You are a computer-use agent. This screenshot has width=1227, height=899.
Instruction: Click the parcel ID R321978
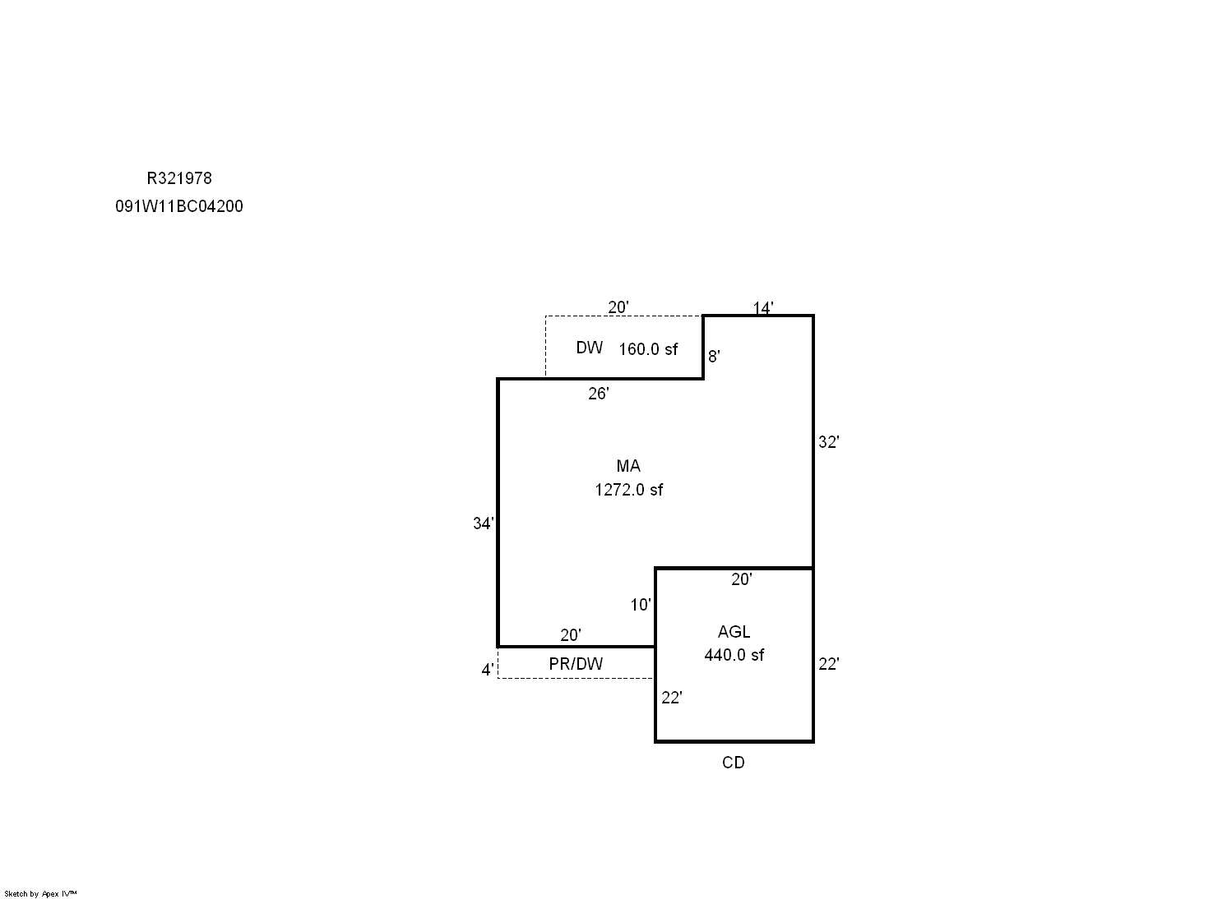coord(179,178)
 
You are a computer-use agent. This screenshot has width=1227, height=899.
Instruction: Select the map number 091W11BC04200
coord(179,206)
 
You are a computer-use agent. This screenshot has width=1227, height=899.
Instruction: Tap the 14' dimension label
coord(763,308)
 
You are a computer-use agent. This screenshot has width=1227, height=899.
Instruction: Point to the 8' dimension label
coord(714,357)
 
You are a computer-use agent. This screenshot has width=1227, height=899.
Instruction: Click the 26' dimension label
coord(599,394)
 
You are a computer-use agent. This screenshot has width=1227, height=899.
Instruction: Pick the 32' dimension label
coord(829,442)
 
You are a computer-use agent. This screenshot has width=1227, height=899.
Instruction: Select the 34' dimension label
coord(484,523)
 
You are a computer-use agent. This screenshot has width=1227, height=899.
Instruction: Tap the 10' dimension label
coord(641,605)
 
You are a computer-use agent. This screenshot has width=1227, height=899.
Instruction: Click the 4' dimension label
coord(488,670)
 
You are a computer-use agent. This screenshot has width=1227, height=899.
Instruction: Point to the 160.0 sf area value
coord(648,349)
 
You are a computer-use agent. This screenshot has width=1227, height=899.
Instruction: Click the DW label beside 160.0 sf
coord(590,348)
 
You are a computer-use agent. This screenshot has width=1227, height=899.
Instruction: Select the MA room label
coord(628,466)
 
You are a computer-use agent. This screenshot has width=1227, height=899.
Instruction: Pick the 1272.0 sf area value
coord(629,490)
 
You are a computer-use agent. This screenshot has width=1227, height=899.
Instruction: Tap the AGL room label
coord(734,632)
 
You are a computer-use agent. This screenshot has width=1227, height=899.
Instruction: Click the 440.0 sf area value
coord(734,655)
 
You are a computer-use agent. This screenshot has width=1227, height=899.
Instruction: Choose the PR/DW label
coord(576,664)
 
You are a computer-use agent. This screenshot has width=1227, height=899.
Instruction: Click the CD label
coord(734,763)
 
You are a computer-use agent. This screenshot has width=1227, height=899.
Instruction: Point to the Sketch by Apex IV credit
coord(40,894)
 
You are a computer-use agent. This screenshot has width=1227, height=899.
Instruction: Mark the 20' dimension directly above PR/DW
coord(571,635)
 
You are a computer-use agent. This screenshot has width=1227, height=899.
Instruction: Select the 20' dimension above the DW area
coord(618,307)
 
